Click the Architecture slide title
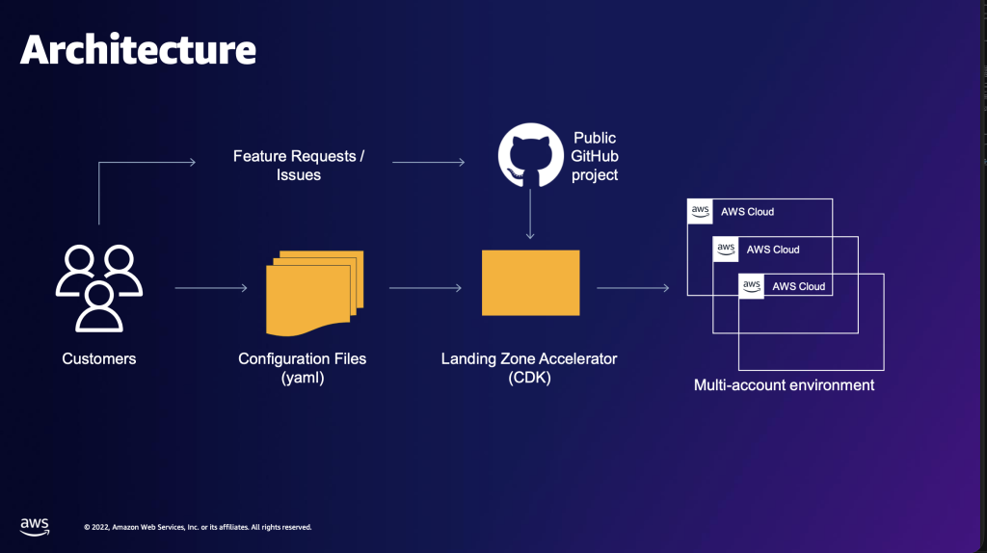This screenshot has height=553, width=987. [139, 49]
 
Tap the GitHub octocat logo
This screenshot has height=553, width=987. [531, 155]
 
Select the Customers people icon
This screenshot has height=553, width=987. [99, 288]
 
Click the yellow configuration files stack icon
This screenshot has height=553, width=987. [315, 293]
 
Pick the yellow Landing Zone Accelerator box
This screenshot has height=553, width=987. [531, 282]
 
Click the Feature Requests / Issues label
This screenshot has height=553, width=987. [299, 165]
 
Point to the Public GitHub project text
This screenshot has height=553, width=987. [594, 156]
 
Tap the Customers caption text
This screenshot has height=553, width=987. [99, 358]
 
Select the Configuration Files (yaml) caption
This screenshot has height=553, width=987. [302, 367]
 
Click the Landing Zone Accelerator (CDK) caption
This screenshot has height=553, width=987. [529, 367]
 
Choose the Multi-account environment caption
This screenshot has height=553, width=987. [784, 385]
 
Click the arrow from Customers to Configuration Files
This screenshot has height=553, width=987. [211, 288]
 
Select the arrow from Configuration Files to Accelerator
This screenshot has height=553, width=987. [425, 288]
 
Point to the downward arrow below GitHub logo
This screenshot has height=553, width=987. [530, 214]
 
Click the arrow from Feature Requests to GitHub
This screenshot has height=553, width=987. [429, 162]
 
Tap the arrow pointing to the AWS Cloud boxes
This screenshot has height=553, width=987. [633, 288]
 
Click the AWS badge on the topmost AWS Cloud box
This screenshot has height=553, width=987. [700, 211]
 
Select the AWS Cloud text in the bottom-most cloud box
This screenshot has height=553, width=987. [798, 286]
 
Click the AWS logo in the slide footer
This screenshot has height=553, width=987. [35, 527]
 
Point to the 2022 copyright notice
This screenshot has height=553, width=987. [198, 527]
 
